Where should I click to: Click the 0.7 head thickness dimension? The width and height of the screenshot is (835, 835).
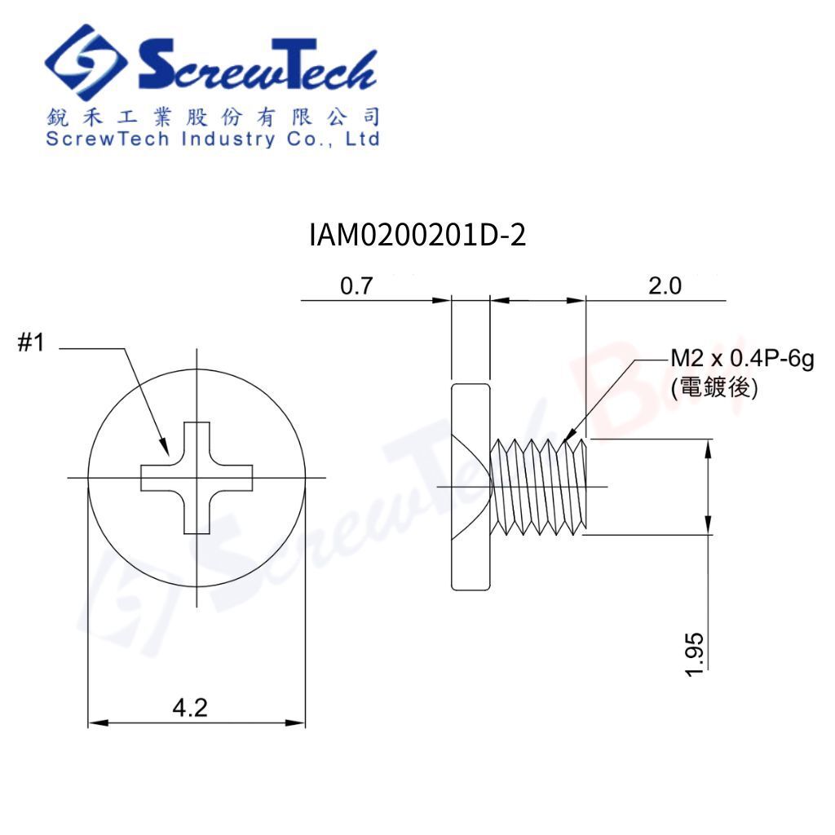pos(356,286)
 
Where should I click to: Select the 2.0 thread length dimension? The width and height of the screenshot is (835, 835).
pos(665,286)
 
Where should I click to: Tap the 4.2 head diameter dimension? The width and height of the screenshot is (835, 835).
pos(190,707)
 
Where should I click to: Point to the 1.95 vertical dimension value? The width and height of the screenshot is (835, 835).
pos(696,652)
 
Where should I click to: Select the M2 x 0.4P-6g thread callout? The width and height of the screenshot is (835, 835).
pos(741,360)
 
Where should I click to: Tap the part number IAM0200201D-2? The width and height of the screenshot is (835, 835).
pos(417,236)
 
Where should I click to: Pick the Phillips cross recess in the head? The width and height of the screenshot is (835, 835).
pos(197,478)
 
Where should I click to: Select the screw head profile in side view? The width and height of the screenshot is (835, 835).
pos(470,486)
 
